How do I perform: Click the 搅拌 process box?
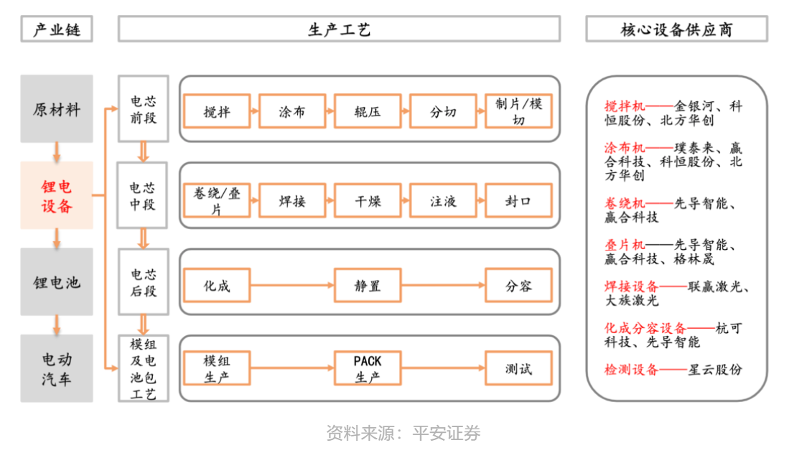[217, 111]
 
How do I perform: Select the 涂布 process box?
[292, 111]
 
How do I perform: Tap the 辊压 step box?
[368, 111]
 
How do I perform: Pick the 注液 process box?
[443, 200]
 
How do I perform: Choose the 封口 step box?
[519, 200]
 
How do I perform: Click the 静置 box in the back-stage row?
[368, 286]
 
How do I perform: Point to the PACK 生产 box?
[368, 368]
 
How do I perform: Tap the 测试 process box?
[519, 368]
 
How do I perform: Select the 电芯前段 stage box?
[144, 108]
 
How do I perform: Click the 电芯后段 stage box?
[144, 282]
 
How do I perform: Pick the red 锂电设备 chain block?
[57, 195]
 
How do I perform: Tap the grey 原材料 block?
[57, 108]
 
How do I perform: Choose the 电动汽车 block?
[57, 368]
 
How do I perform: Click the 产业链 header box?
[57, 29]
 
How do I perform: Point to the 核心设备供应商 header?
[677, 29]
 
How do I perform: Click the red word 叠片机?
[625, 245]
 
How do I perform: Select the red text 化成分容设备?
[645, 328]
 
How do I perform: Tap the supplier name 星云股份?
[715, 370]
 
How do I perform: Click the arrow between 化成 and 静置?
[292, 286]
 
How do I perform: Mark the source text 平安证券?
[447, 433]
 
